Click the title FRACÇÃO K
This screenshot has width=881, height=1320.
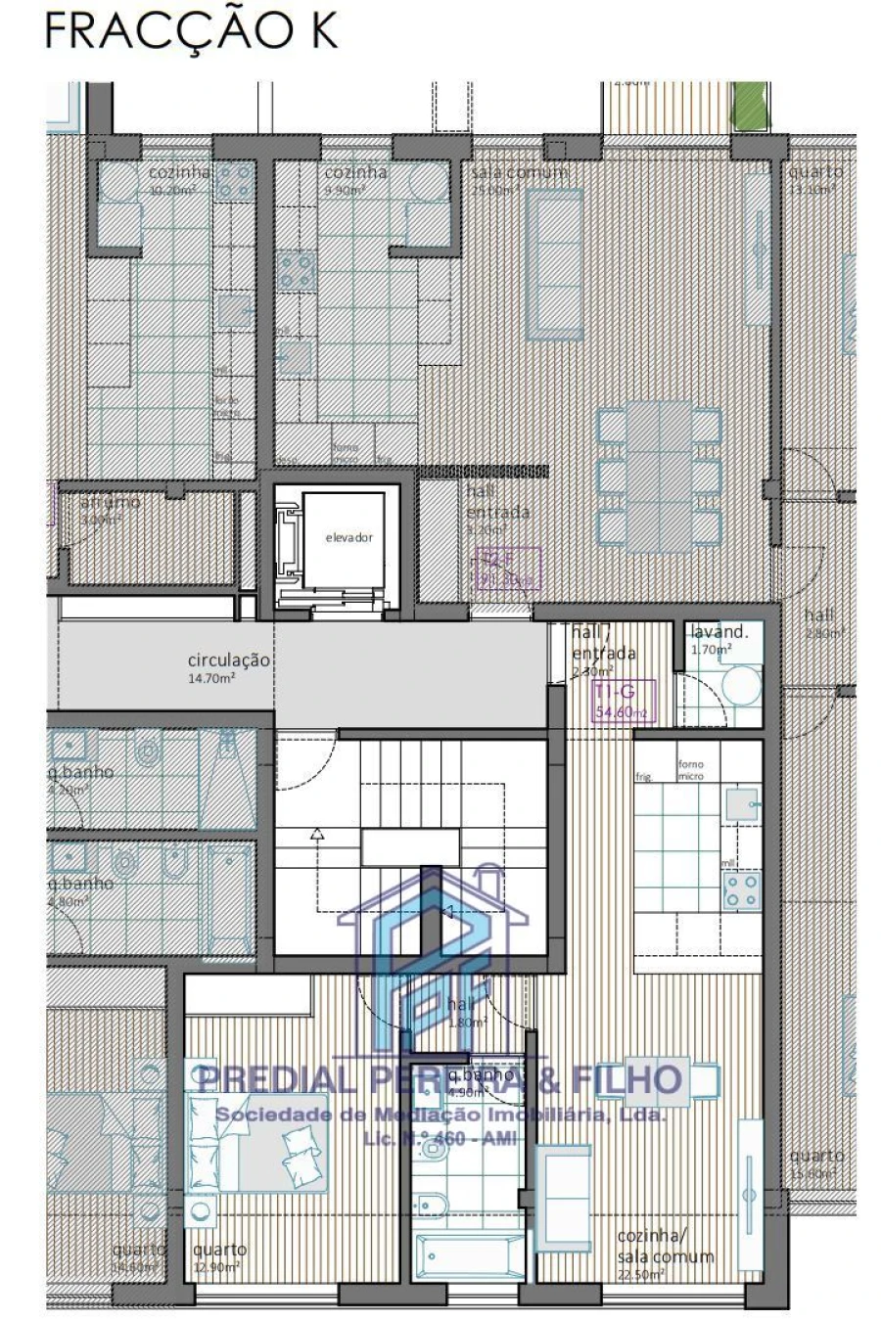(x=191, y=31)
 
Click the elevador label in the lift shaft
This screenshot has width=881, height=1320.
(x=349, y=537)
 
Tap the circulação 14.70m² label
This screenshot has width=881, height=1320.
(x=228, y=667)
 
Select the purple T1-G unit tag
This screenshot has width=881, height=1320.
(x=621, y=703)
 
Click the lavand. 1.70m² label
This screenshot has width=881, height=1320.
(x=718, y=639)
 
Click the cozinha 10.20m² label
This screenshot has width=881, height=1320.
(x=179, y=180)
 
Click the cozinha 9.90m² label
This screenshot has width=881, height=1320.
(x=355, y=180)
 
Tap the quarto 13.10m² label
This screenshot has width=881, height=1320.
(x=814, y=180)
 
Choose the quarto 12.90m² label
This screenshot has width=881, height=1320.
(x=219, y=1257)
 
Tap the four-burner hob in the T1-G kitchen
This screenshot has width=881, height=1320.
(x=742, y=889)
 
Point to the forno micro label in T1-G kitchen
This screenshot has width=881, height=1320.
(x=691, y=770)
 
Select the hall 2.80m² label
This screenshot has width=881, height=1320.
(x=820, y=622)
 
